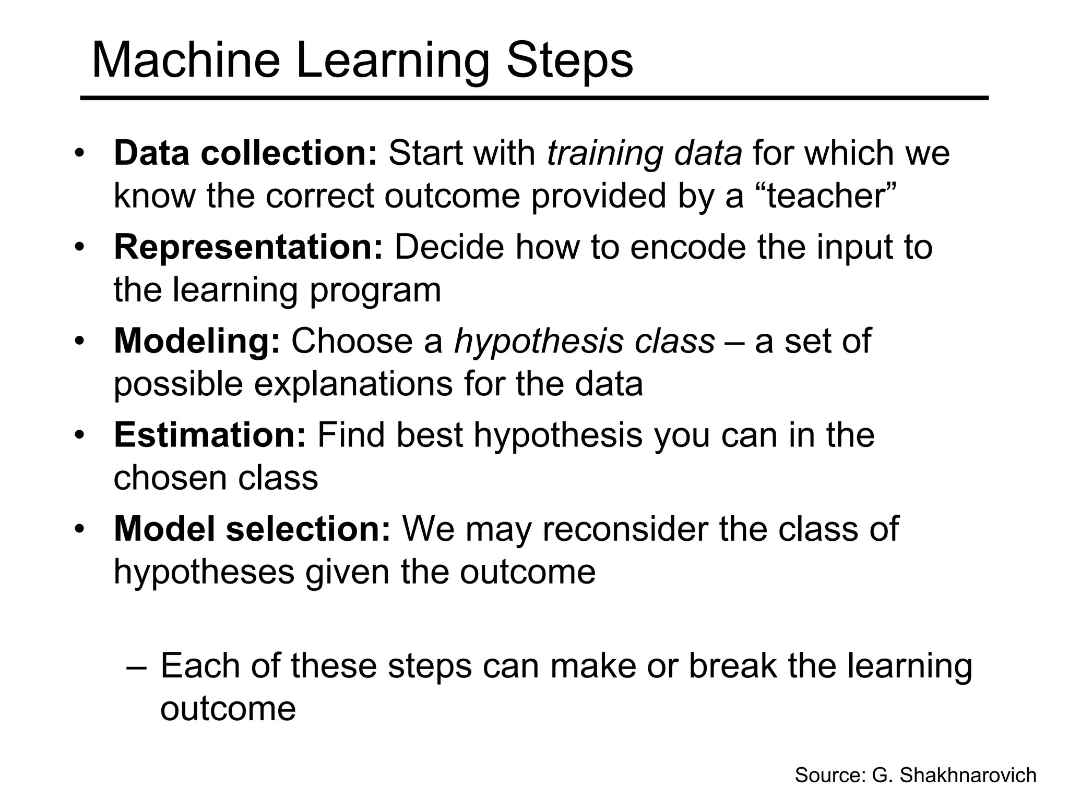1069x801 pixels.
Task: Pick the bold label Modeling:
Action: click(x=197, y=341)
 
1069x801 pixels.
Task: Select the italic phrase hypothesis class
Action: click(x=584, y=341)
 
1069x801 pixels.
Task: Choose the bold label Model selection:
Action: click(x=252, y=529)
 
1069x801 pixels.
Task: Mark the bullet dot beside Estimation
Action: click(x=79, y=435)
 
